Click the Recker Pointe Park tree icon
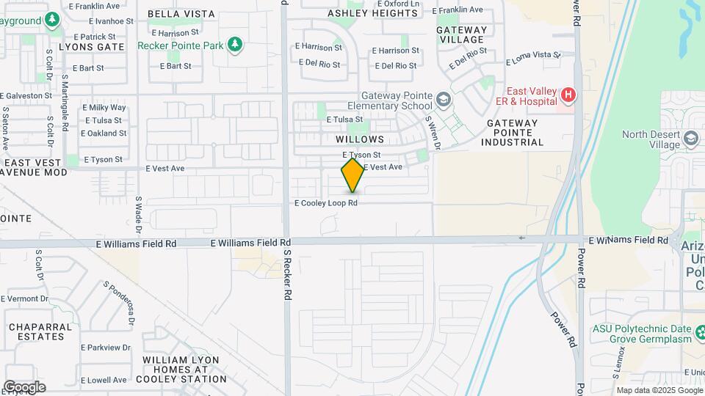click(235, 45)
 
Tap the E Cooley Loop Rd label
click(326, 203)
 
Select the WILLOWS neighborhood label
click(360, 139)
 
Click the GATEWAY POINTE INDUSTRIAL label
click(515, 133)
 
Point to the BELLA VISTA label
click(181, 14)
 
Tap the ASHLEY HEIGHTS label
click(372, 13)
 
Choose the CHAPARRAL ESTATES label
click(41, 331)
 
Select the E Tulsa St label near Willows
click(344, 119)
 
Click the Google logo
click(24, 386)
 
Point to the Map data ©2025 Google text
click(658, 390)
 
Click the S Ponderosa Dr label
click(120, 303)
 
